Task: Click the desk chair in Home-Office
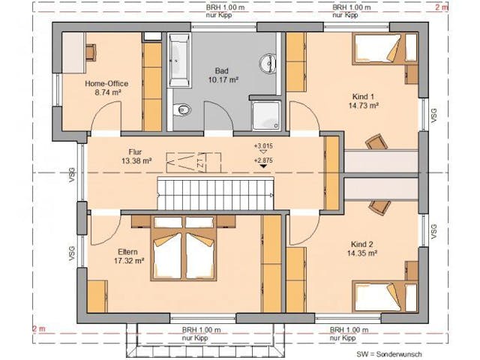tap(91, 51)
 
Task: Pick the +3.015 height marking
tap(262, 145)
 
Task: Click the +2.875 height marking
tap(262, 160)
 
